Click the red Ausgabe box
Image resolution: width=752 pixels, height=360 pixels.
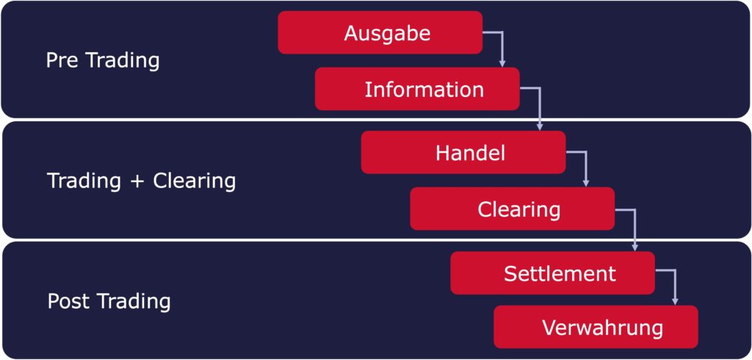coord(380,32)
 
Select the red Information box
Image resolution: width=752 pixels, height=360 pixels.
coord(417,89)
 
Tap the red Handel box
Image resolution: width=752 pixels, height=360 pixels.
coord(463,152)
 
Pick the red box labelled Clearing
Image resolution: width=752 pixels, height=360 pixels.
coord(512,209)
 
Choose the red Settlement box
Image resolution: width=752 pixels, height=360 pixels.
coord(552,273)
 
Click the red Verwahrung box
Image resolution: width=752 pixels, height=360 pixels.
coord(596,327)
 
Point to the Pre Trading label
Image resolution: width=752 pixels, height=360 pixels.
coord(103,61)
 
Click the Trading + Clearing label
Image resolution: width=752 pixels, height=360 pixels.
coord(142,181)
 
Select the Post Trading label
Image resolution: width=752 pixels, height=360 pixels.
coord(109,302)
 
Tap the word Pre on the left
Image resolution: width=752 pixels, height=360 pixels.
coord(62,61)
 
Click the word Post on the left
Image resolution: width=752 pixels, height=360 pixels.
coord(69,301)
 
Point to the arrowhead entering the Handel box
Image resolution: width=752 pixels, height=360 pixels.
coord(539,127)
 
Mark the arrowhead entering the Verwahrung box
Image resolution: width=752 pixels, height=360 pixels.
coord(675,302)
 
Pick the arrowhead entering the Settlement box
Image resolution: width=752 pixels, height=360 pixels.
coord(634,248)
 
